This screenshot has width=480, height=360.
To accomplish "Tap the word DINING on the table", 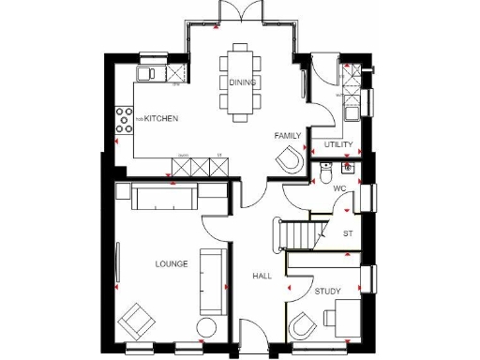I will tap(241, 82).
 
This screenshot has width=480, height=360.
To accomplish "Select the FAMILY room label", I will tap(287, 136).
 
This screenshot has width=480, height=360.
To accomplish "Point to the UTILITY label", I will tap(338, 145).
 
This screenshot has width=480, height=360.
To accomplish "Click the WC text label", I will tap(340, 187).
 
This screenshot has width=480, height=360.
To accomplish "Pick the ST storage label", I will tap(347, 232).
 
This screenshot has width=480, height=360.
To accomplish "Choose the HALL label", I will tap(262, 277).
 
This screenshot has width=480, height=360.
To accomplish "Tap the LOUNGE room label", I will tap(172, 264).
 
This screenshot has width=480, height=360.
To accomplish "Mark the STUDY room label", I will tap(327, 292).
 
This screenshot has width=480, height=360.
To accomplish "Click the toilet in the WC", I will tap(324, 172).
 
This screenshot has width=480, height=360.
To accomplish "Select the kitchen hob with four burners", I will tap(123, 119).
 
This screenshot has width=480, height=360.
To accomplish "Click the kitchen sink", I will tap(147, 74).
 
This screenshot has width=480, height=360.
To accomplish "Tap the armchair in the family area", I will tap(291, 160).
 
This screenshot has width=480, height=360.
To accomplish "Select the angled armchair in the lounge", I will tap(137, 321).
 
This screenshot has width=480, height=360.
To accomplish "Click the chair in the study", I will tap(304, 328).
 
